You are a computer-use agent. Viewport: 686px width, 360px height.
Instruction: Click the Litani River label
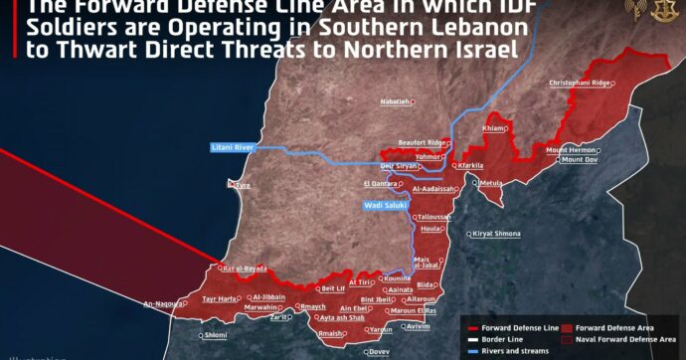(x=232, y=147)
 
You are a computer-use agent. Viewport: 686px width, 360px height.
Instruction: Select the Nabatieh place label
(x=394, y=101)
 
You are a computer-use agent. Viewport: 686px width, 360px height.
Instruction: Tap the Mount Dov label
(x=580, y=159)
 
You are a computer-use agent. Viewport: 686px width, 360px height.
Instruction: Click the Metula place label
(x=491, y=183)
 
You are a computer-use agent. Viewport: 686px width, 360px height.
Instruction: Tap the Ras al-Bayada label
(x=243, y=269)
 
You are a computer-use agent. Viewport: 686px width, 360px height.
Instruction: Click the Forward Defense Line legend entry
(x=516, y=325)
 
